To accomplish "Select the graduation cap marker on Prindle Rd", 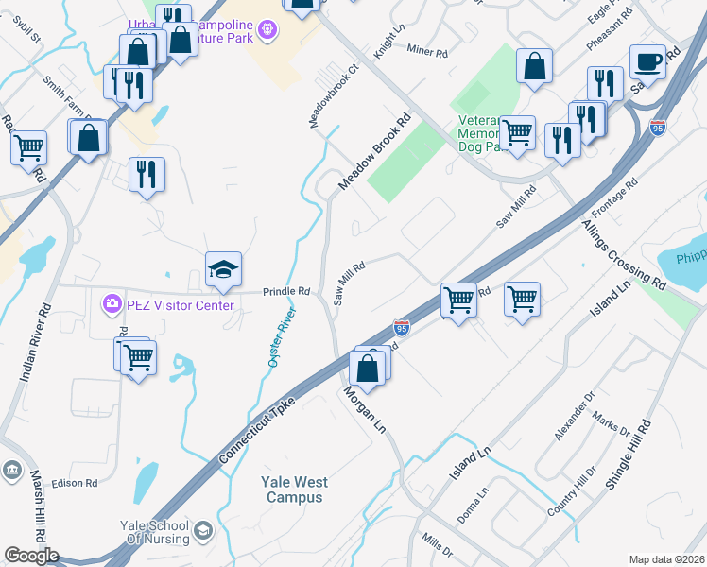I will pos(223,270).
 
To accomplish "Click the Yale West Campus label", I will pos(295,490).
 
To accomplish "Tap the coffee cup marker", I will pos(647,62).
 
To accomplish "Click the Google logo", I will pos(31,556).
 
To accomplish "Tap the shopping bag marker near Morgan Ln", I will pos(368,369).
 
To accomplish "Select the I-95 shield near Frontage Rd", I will pos(658,128).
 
